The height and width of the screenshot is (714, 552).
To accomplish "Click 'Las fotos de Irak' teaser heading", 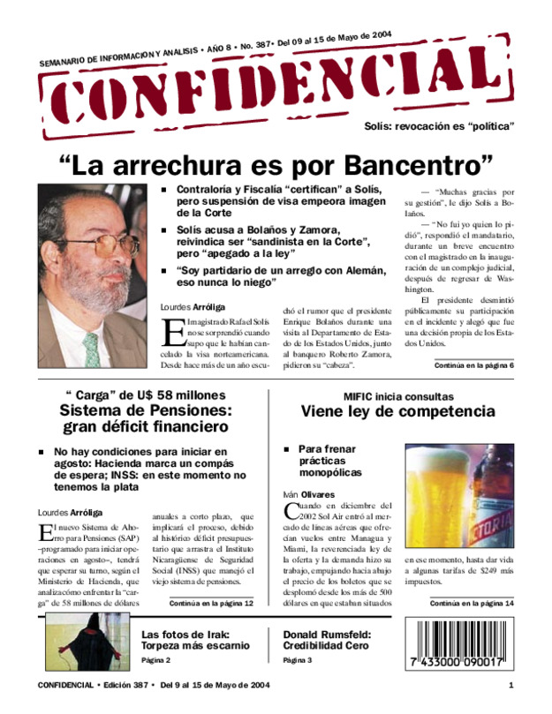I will point(185,635).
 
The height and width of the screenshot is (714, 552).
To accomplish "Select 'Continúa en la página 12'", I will point(210,603).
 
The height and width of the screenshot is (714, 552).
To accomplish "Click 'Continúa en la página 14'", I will point(472,603).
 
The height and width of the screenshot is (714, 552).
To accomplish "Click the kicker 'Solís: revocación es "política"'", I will point(439,126).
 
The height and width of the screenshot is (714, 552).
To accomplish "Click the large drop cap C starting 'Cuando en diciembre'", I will point(291,511).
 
